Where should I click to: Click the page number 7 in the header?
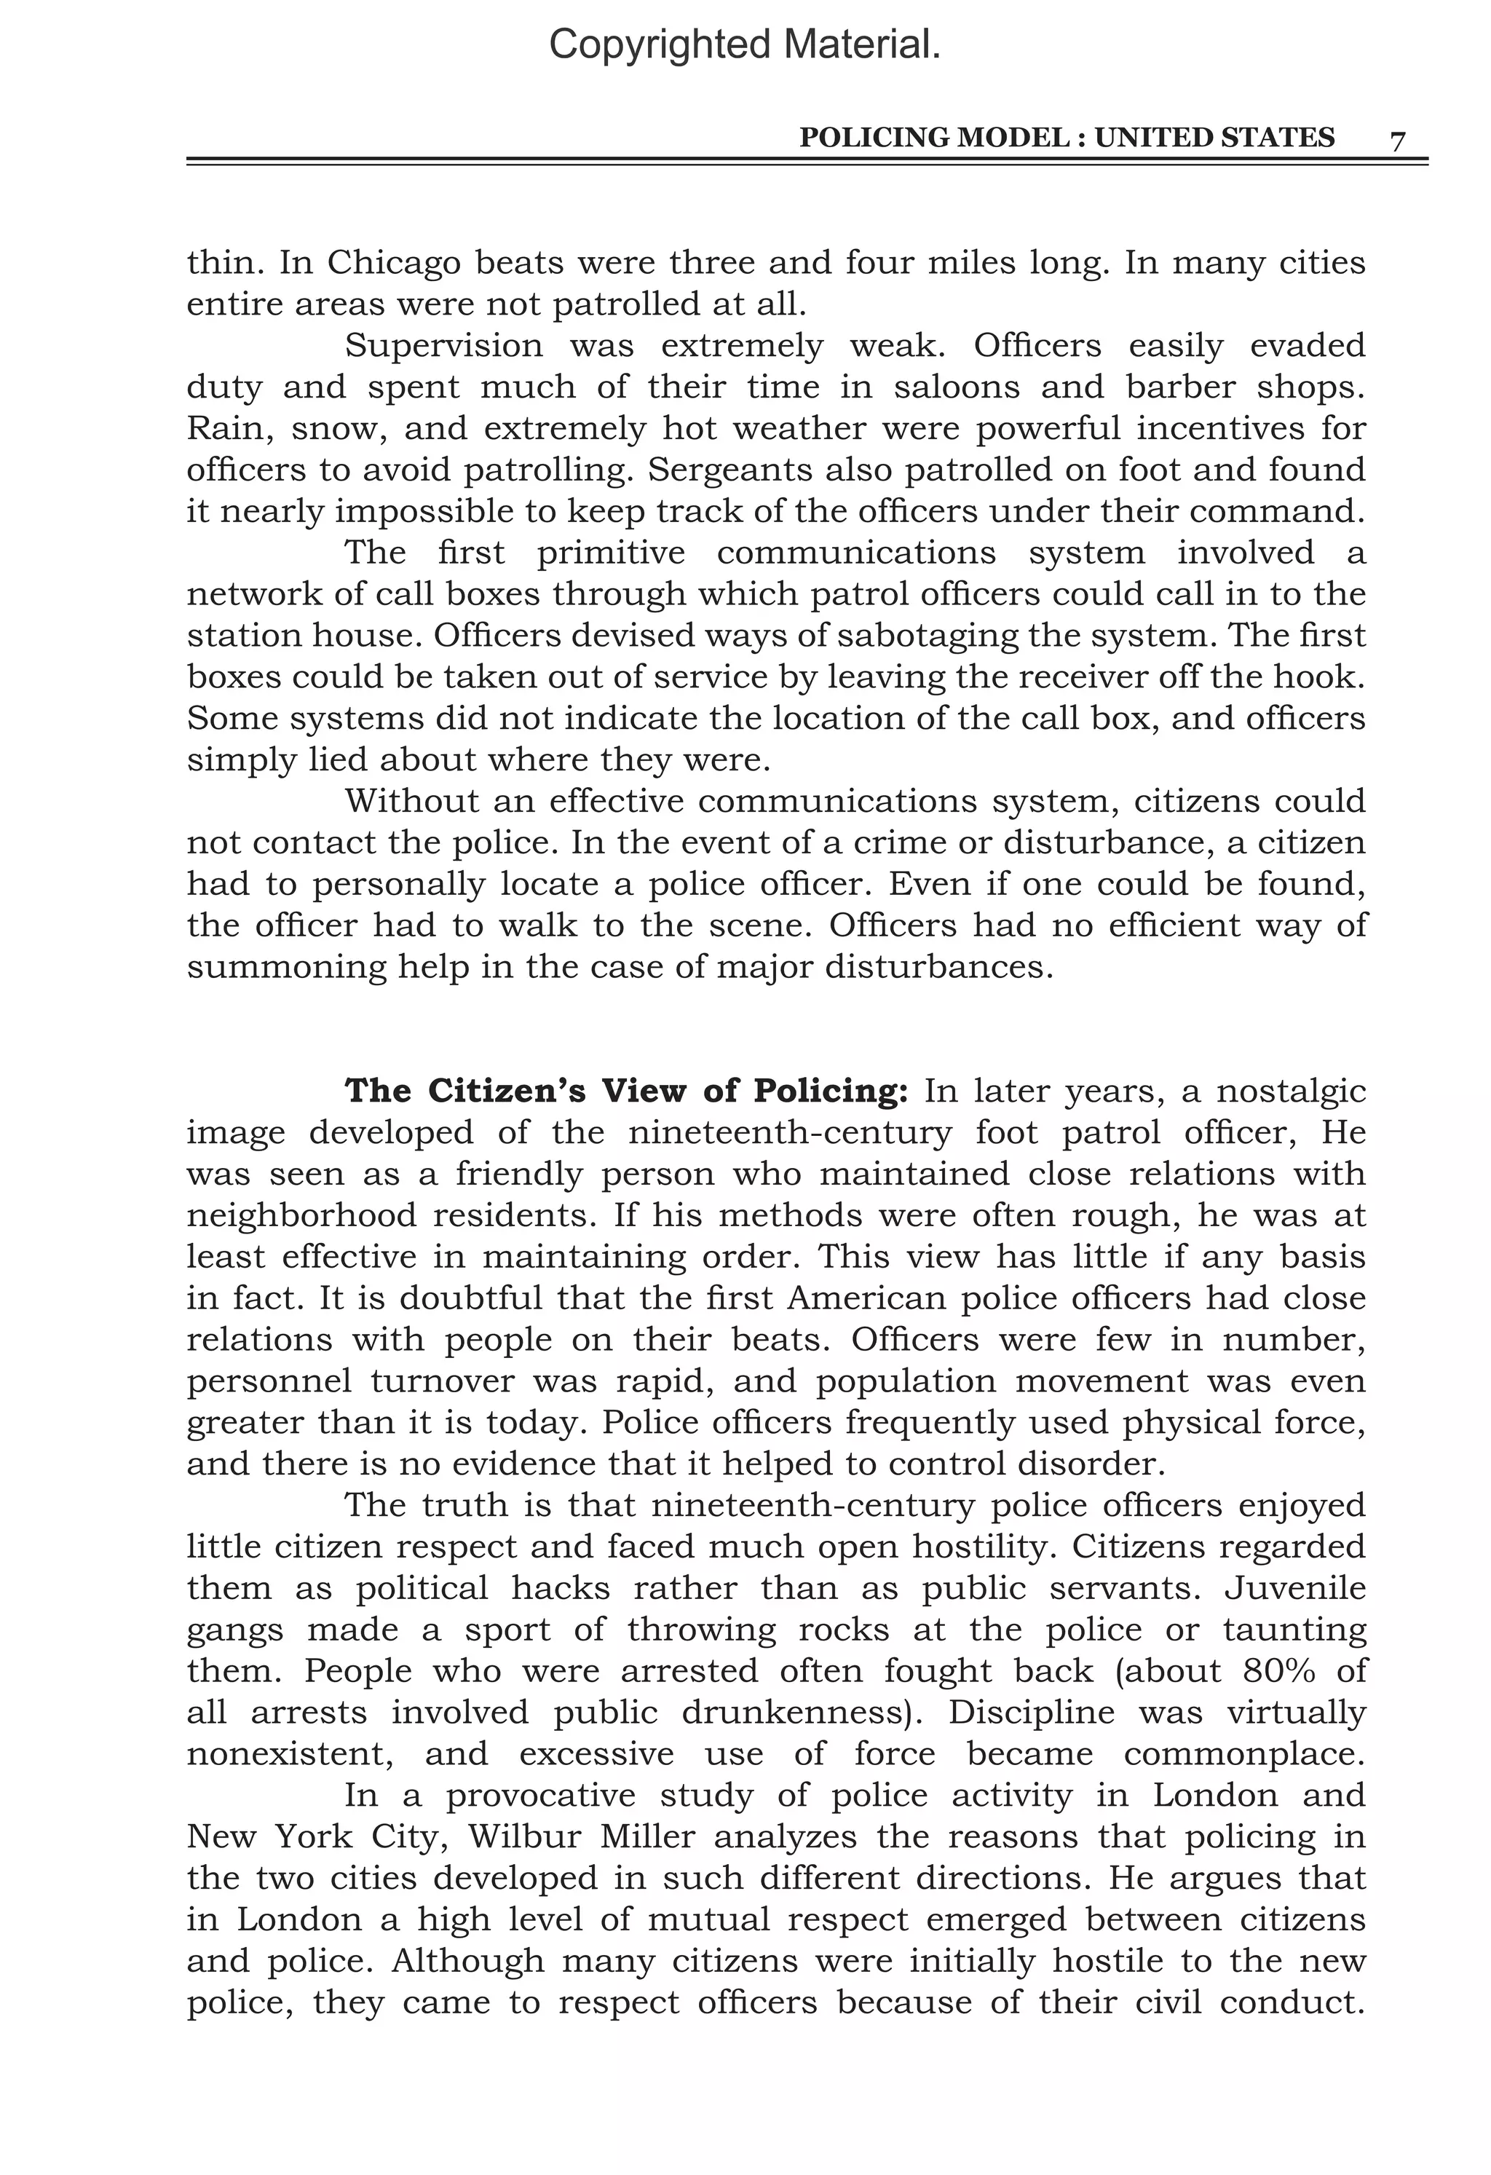[x=1397, y=141]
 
